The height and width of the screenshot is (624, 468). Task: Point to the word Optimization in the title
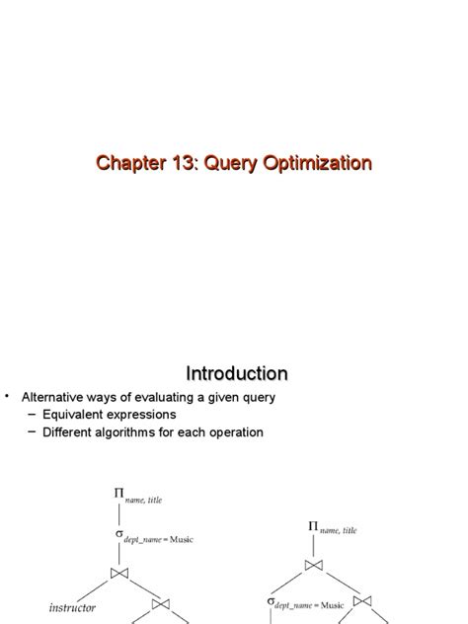pyautogui.click(x=315, y=163)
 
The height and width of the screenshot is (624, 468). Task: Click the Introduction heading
pyautogui.click(x=237, y=373)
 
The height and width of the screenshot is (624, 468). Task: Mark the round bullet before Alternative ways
pyautogui.click(x=7, y=396)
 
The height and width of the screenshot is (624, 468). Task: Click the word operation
pyautogui.click(x=232, y=432)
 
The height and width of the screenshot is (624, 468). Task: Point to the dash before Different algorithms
pyautogui.click(x=32, y=432)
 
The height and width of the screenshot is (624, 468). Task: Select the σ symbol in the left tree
pyautogui.click(x=120, y=536)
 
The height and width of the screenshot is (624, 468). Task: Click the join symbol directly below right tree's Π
pyautogui.click(x=315, y=566)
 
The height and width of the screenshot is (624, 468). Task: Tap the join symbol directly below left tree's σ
pyautogui.click(x=120, y=573)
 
